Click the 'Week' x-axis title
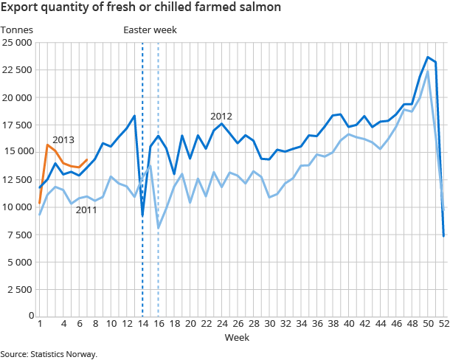238,337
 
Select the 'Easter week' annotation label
150,30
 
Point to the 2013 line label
63,139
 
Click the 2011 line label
87,210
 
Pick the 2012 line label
221,116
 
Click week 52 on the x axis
443,324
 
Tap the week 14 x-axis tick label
142,324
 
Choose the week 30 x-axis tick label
269,324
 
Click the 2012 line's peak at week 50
428,57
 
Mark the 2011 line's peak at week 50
428,72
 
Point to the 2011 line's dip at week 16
159,228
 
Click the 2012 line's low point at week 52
444,236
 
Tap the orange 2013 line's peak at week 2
48,145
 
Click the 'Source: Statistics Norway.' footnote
49,354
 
